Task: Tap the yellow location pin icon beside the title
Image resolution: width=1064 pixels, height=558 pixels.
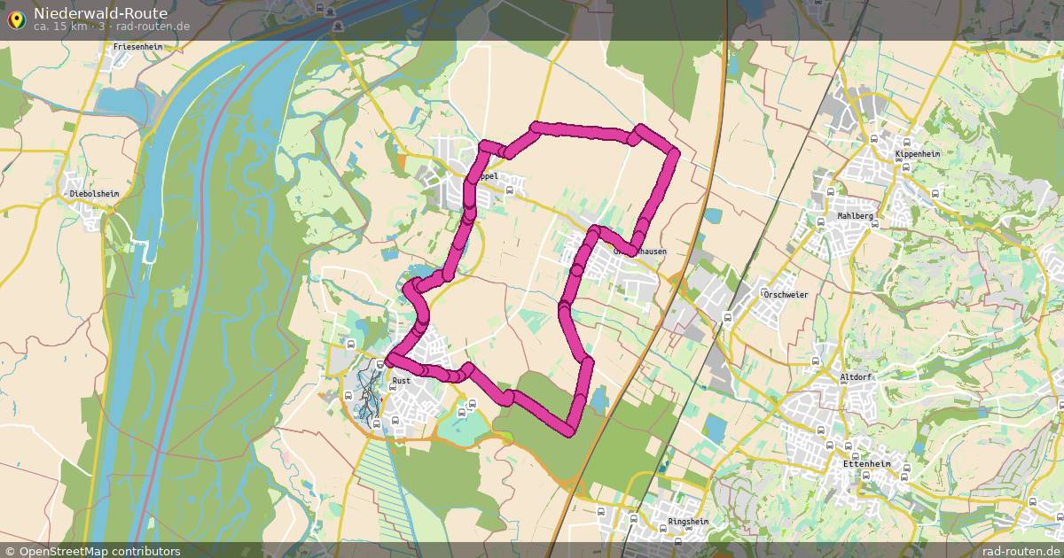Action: pos(15,18)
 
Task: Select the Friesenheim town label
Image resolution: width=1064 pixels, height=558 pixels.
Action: pos(137,46)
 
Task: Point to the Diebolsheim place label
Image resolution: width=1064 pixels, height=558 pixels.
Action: pos(94,192)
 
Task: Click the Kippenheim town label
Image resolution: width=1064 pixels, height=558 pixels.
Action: pos(918,153)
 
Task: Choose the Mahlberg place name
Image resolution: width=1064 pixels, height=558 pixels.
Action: pos(855,215)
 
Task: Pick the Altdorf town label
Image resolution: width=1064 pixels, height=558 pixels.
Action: pos(856,376)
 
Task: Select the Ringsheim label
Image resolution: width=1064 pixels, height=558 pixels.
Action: pos(689,522)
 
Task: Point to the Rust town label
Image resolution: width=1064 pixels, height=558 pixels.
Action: pos(401,381)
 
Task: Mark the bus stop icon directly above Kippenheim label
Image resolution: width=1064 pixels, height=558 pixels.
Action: pos(906,141)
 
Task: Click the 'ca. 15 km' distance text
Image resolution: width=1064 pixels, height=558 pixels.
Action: pos(63,26)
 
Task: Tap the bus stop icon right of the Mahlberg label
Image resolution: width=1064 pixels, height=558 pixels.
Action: pos(874,224)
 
